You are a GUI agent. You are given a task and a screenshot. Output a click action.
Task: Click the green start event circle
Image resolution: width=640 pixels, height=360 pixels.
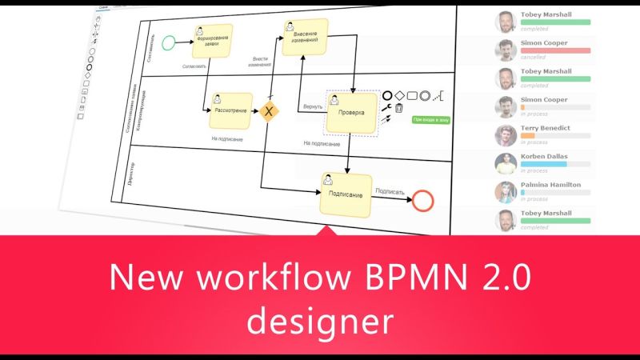click(x=168, y=42)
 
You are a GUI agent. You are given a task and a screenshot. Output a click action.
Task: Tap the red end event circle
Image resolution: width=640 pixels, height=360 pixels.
click(x=422, y=200)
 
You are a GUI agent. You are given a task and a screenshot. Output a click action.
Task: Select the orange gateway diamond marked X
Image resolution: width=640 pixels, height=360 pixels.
click(x=270, y=110)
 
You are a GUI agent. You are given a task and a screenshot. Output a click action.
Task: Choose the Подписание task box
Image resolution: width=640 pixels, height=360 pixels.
click(x=346, y=194)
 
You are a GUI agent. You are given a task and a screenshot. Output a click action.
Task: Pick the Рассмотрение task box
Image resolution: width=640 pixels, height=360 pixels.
click(x=231, y=110)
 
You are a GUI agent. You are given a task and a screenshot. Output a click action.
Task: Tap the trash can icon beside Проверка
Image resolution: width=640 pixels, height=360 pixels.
click(x=398, y=109)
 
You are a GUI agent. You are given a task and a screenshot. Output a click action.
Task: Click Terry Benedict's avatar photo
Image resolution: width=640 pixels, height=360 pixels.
click(x=504, y=135)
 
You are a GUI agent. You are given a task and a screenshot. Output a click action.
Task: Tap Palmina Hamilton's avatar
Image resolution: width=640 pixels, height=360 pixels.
click(x=504, y=192)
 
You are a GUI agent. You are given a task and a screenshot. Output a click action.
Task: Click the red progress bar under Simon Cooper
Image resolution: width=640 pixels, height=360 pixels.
click(x=555, y=50)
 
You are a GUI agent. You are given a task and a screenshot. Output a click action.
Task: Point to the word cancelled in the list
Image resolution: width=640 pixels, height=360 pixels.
click(x=534, y=58)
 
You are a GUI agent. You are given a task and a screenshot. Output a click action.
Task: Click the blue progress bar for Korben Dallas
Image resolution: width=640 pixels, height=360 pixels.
click(x=543, y=163)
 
